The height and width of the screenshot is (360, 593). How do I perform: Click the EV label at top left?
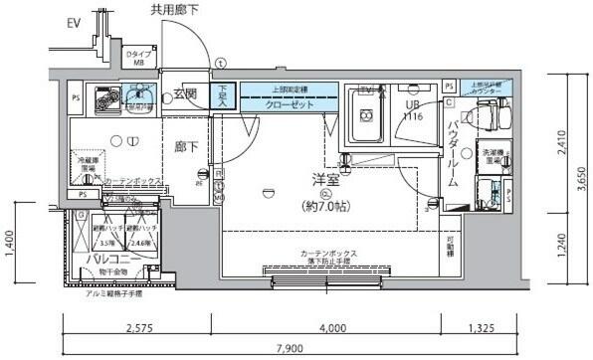pyautogui.click(x=75, y=23)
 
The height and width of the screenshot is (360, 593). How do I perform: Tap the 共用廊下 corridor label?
pyautogui.click(x=175, y=11)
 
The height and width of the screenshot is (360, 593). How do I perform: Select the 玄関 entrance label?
pyautogui.click(x=184, y=94)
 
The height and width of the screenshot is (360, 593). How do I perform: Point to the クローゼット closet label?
pyautogui.click(x=291, y=103)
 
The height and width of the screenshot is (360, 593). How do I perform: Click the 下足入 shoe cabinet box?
pyautogui.click(x=225, y=94)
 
